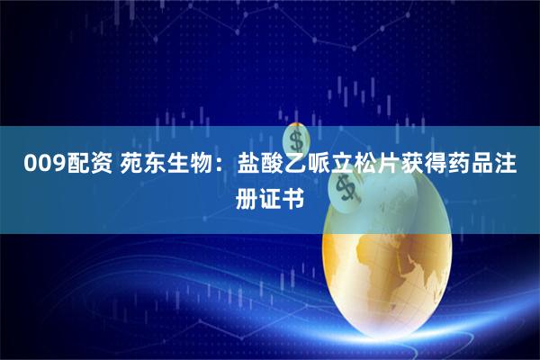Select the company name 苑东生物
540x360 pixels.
tap(166, 165)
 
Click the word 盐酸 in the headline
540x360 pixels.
tap(262, 165)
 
